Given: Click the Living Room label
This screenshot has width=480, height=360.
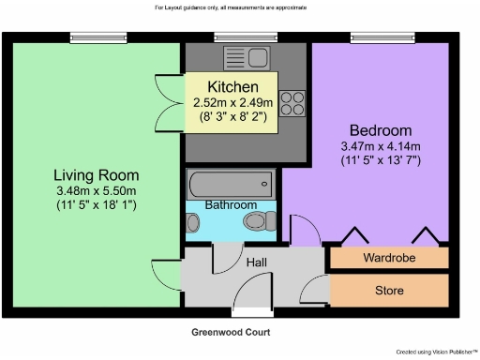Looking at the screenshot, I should [x=97, y=175].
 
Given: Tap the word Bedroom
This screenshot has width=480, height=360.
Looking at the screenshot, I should [x=381, y=129].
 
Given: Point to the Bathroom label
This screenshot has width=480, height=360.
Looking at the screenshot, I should [x=232, y=204].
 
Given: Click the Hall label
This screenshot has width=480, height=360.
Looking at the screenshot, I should [x=256, y=262].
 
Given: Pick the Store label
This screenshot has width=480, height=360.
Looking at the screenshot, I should [x=389, y=291].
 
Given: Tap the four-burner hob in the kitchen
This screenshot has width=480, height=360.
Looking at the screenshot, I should [x=292, y=100].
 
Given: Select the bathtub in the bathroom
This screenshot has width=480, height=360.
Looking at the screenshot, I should [x=231, y=181].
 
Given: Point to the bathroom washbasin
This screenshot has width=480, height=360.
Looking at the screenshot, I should [x=193, y=222].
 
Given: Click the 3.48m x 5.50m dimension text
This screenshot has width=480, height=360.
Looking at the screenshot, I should [x=97, y=191].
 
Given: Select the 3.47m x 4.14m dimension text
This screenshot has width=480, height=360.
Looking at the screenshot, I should [x=381, y=145].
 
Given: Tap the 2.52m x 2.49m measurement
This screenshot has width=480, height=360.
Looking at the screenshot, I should [x=232, y=102].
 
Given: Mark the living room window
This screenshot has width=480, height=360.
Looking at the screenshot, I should [x=90, y=38].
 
